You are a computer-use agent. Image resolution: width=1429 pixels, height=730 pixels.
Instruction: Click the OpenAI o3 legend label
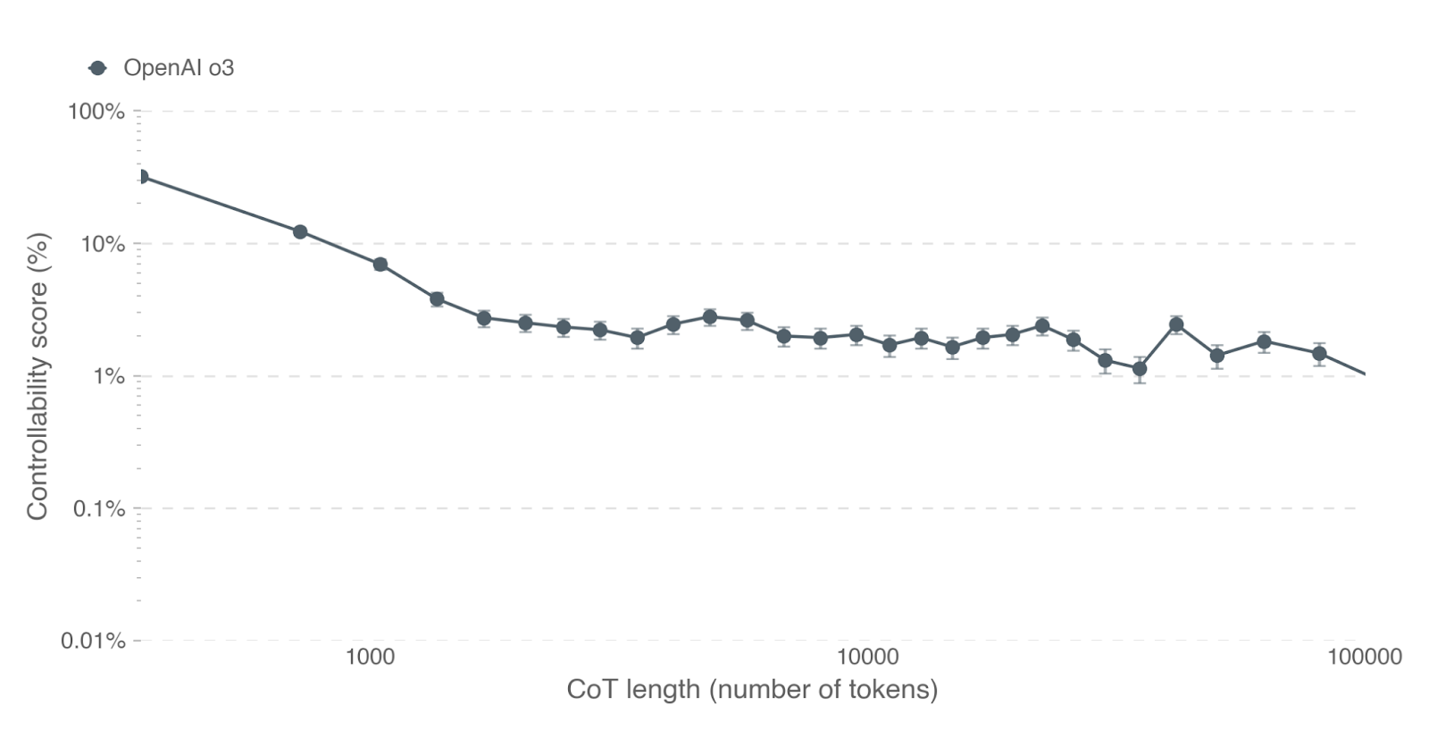[x=179, y=68]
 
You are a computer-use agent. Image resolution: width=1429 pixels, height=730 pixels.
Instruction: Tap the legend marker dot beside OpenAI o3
[x=97, y=68]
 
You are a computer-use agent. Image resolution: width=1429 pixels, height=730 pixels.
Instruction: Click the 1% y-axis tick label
[x=110, y=376]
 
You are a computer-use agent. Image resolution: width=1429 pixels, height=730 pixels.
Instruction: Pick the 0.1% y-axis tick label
[x=99, y=508]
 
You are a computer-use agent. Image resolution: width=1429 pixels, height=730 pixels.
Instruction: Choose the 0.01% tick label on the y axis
[x=93, y=641]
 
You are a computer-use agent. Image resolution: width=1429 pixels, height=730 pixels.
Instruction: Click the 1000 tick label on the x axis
[x=370, y=657]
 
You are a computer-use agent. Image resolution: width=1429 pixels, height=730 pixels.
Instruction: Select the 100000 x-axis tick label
[x=1365, y=657]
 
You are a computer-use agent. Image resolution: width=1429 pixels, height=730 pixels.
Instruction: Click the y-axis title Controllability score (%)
[x=38, y=376]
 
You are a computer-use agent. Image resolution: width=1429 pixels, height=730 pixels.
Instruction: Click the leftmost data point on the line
[x=141, y=177]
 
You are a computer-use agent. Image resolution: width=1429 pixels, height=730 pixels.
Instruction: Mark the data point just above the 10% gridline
[x=300, y=232]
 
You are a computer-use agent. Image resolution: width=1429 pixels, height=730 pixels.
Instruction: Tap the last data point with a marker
[x=1319, y=353]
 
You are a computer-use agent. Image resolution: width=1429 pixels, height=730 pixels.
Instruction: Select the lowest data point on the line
[x=1139, y=368]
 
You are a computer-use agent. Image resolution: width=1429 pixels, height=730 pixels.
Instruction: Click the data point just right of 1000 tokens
[x=380, y=264]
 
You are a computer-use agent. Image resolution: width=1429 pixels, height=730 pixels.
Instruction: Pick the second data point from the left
[x=300, y=232]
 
